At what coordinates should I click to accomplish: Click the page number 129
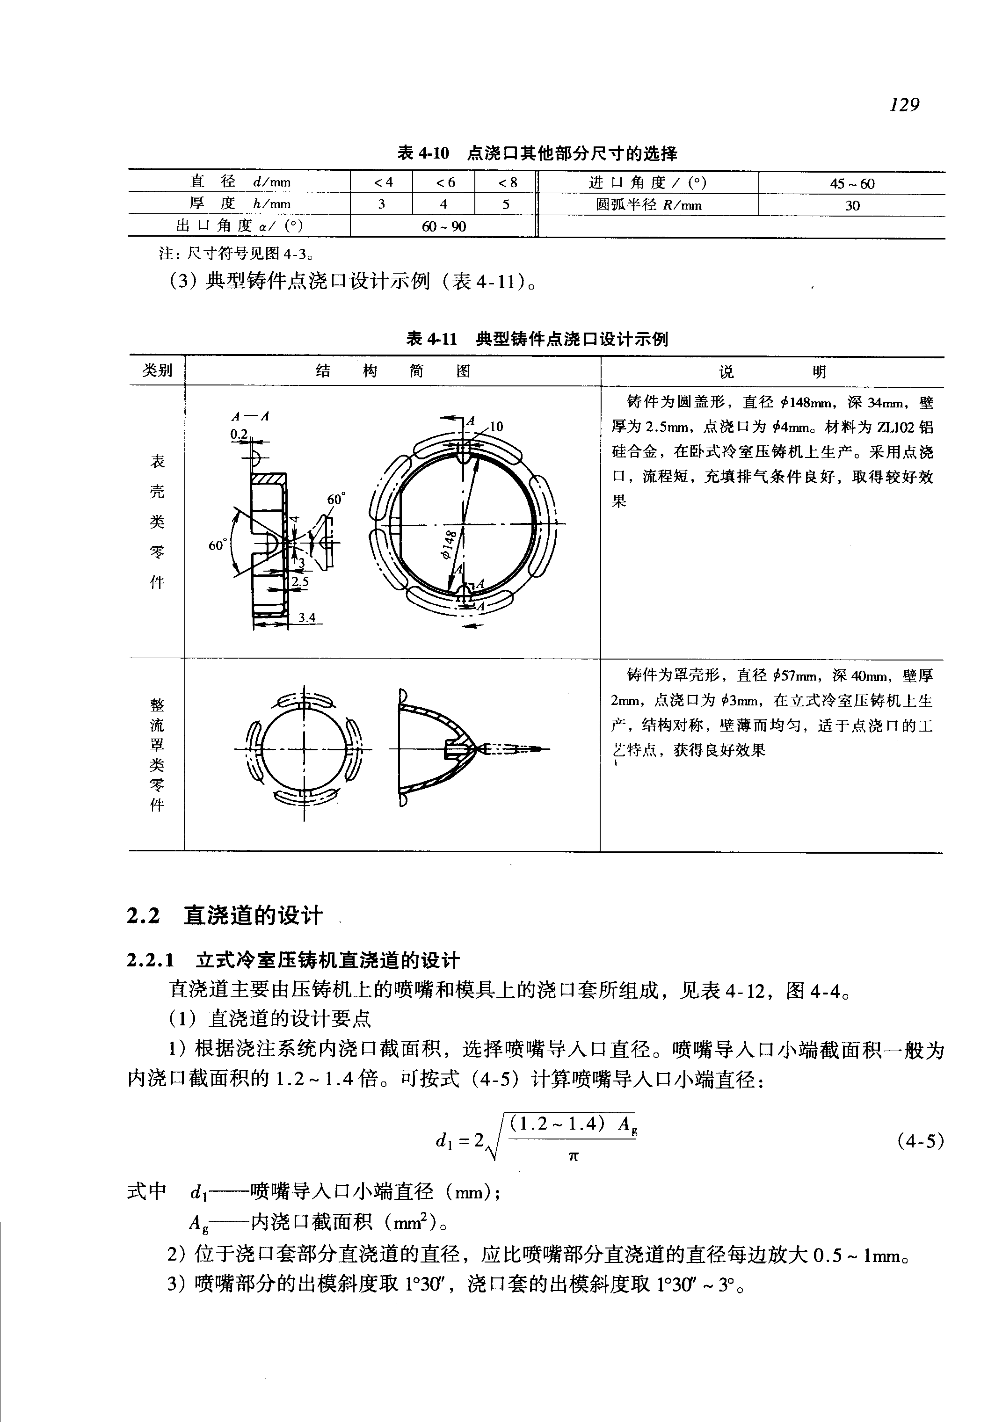pos(904,105)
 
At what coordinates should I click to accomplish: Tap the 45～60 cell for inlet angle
pos(852,183)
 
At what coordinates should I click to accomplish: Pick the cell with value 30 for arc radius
pos(852,205)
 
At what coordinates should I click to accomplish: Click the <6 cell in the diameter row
pos(444,182)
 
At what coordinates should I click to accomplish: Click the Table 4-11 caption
pos(537,339)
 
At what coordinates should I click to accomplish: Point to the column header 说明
pos(772,371)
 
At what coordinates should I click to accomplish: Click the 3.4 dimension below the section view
pos(306,617)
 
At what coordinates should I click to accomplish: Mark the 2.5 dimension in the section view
pos(300,581)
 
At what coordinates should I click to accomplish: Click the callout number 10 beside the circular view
pos(496,427)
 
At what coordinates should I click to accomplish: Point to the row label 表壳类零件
pos(157,521)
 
